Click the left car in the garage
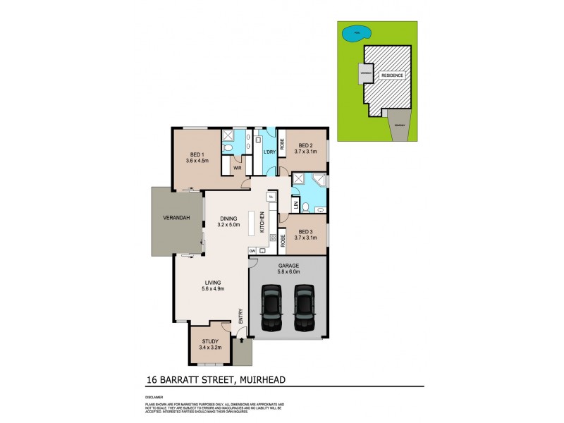pos(271,307)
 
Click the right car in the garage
pos(304,307)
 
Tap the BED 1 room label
pos(197,154)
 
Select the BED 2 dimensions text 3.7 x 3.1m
pos(305,152)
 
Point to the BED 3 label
pos(305,232)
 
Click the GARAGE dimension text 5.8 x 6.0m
pos(288,271)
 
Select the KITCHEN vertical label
pos(262,222)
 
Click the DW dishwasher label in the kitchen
pos(252,250)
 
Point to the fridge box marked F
pos(270,196)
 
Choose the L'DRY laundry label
pos(269,153)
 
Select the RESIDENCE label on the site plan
pos(393,75)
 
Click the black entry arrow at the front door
pos(242,341)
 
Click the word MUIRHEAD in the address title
pos(265,379)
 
